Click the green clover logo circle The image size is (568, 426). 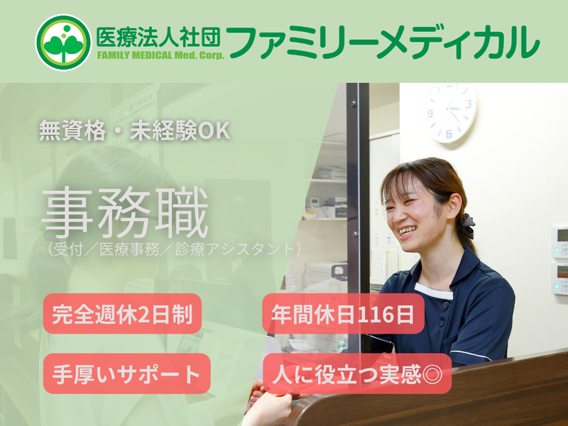pos(63,42)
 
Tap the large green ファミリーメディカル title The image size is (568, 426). pos(383,41)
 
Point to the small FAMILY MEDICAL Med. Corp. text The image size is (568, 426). pos(160,56)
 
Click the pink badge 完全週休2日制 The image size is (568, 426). pos(123,314)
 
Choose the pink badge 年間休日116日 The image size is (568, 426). pos(344,314)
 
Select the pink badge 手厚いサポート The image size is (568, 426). pos(127,373)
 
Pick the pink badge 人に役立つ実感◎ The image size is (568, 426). pos(357,373)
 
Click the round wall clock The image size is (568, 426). pos(450,112)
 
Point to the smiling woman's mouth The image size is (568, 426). pos(408,231)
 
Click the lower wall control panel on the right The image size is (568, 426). pos(560,279)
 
